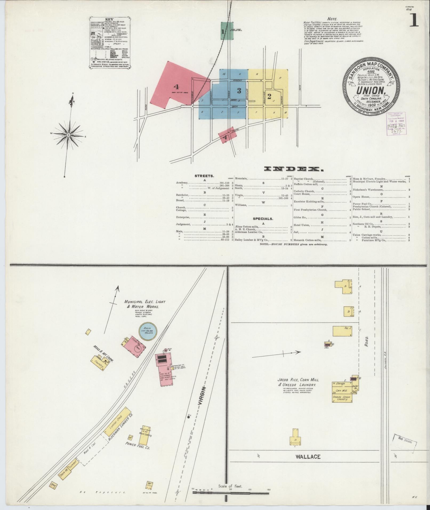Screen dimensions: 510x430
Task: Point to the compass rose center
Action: [69, 135]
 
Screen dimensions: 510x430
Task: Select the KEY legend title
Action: [110, 19]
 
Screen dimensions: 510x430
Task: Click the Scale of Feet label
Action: [230, 486]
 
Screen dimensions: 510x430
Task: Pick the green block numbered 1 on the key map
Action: [226, 31]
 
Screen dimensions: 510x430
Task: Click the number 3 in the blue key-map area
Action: [239, 91]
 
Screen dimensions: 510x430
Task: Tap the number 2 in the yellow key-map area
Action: [269, 96]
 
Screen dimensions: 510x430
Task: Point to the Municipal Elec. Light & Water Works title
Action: [144, 304]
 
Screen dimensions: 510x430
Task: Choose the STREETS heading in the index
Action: [204, 176]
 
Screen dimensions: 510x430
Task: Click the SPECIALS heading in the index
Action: [263, 219]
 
